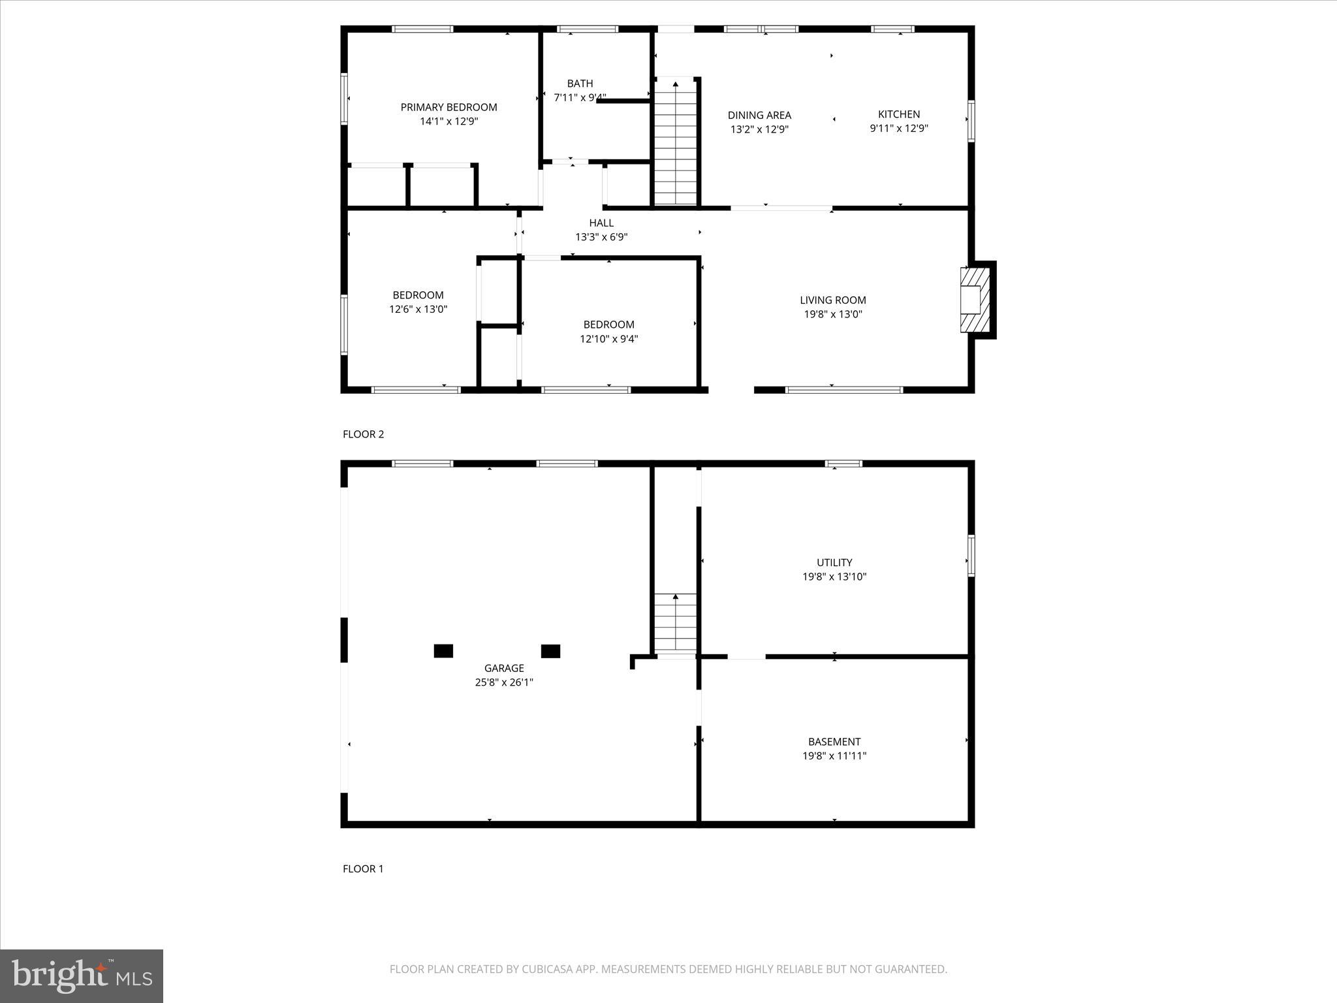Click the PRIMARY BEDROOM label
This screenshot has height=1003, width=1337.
pos(448,107)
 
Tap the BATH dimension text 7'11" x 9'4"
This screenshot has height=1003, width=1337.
pos(580,98)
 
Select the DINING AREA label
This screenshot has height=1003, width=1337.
pos(759,116)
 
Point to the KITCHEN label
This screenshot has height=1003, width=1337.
pos(898,114)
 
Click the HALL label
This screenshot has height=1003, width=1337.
pos(601,223)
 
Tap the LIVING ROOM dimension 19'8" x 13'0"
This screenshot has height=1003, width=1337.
pos(833,314)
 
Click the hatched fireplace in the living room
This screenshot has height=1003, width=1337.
pos(975,300)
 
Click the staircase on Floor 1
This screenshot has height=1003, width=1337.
pos(675,624)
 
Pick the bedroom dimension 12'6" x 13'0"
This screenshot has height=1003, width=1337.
pos(418,310)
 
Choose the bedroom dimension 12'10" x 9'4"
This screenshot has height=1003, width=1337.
pos(608,339)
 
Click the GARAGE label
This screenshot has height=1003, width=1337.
pos(503,668)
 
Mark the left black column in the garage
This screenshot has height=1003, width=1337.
pos(443,651)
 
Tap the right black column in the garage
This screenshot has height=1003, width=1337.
pos(550,651)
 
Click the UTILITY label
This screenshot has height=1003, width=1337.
pos(834,562)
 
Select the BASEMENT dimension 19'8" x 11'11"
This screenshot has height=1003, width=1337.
pos(834,756)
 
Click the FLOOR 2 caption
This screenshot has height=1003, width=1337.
pos(363,434)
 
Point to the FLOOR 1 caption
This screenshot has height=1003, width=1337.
pos(363,868)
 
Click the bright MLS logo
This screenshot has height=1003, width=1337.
pos(82,976)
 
